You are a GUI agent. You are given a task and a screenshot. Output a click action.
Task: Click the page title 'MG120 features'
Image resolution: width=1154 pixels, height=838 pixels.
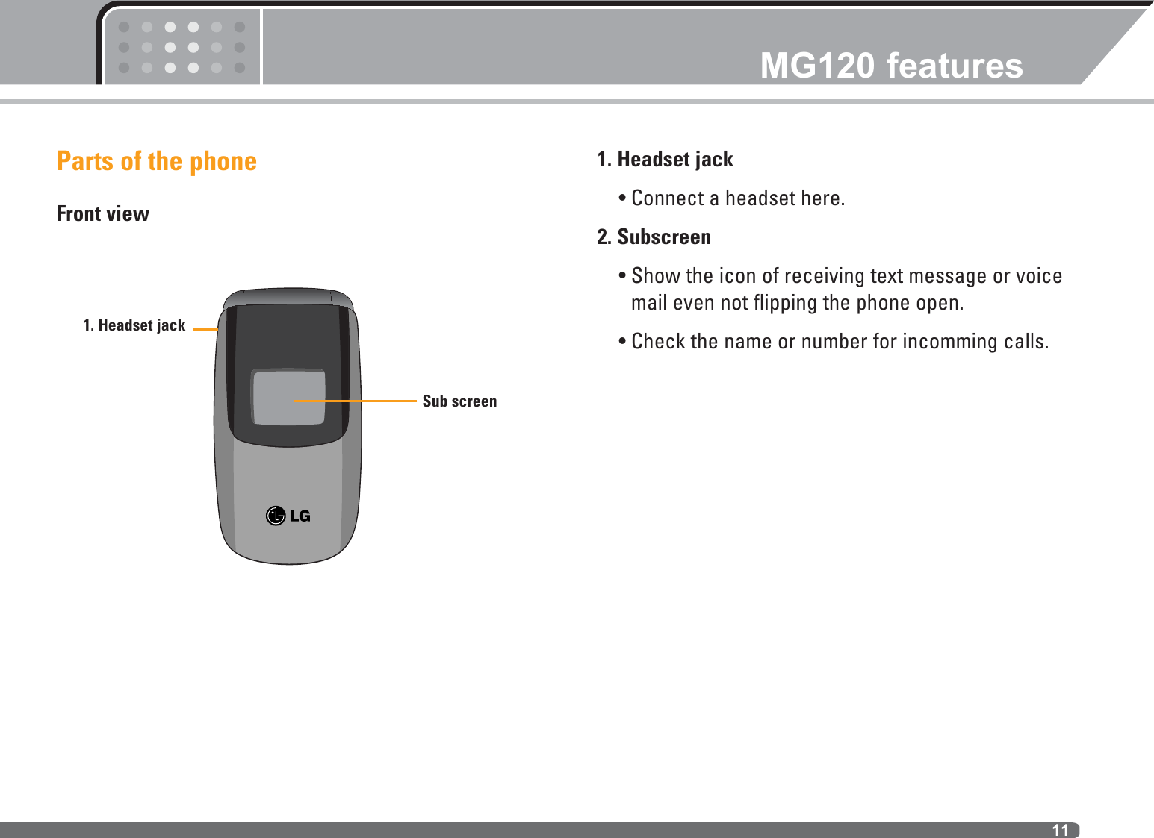click(x=891, y=66)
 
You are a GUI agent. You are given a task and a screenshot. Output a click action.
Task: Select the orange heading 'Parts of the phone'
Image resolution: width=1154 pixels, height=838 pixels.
click(x=157, y=161)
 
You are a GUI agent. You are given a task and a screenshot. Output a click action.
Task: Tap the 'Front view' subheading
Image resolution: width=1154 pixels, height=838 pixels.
click(x=103, y=214)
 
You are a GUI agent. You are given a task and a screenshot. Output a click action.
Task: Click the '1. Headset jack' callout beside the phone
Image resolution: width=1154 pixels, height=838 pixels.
click(x=134, y=325)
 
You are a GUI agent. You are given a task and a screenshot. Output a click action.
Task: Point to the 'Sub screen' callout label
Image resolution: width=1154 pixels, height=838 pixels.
click(x=459, y=401)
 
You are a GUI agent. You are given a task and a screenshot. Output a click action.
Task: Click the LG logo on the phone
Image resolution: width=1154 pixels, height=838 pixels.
click(x=288, y=516)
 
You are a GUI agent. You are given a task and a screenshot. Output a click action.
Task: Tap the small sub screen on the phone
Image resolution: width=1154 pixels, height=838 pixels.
click(x=288, y=398)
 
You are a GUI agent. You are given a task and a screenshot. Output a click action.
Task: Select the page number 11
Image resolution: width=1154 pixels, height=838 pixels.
click(x=1060, y=830)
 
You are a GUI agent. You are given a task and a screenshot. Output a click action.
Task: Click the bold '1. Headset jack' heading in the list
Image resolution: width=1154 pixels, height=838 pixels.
click(x=665, y=160)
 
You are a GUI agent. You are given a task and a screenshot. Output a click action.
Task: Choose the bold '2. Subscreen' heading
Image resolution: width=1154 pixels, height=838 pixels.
click(x=654, y=237)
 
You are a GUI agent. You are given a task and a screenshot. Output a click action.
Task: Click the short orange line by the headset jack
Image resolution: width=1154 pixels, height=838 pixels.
click(x=205, y=328)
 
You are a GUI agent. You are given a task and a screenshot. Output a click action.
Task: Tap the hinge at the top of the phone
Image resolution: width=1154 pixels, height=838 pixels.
click(x=288, y=296)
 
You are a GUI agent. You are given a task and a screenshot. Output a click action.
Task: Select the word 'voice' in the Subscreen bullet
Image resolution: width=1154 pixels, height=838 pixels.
click(x=1038, y=276)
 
